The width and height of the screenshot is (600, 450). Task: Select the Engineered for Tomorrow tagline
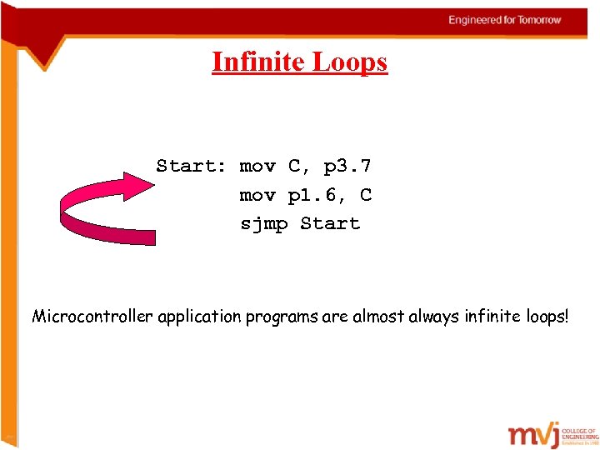(x=505, y=20)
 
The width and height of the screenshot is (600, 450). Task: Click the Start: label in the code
(x=191, y=166)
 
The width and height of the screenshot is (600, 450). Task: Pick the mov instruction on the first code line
(x=257, y=166)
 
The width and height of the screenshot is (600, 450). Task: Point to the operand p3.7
(x=347, y=167)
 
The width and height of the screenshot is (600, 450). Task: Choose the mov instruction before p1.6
(x=257, y=195)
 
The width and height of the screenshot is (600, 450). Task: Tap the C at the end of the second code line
(x=366, y=195)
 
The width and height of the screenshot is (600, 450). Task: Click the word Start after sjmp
(x=330, y=223)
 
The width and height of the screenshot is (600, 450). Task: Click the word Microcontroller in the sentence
(x=87, y=317)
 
